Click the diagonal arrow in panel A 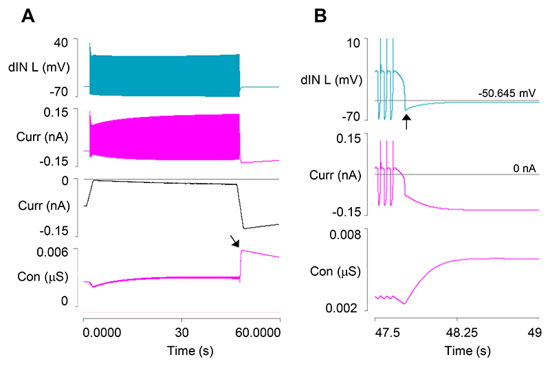point(235,240)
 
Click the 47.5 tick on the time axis point(377,332)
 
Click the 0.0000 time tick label point(101,332)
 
